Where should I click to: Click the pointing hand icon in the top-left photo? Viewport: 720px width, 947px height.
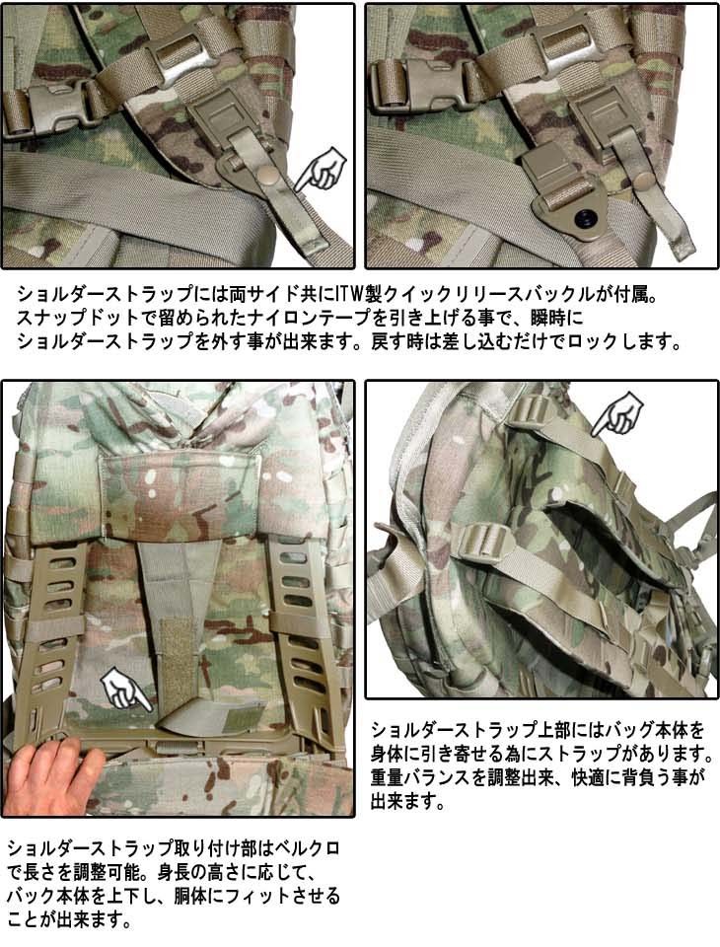(321, 169)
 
